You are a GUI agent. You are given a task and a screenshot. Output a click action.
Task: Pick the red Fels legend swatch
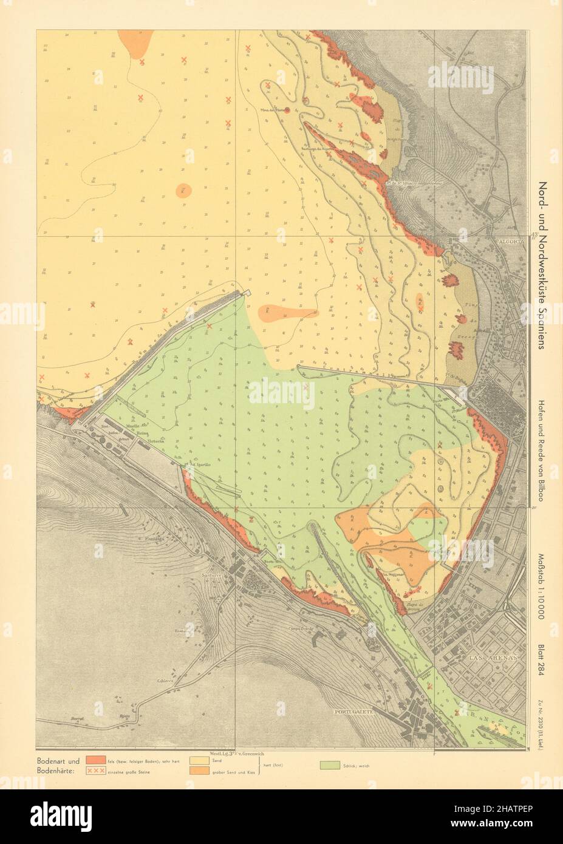click(x=95, y=760)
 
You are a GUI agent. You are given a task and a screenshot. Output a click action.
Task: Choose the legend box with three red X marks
click(x=95, y=771)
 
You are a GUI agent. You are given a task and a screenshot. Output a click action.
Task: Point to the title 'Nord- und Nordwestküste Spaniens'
click(x=542, y=264)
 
